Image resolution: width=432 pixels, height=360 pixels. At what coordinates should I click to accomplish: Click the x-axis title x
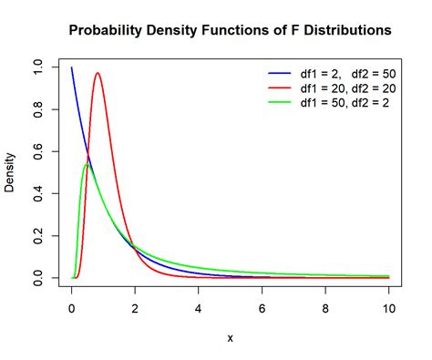click(230, 338)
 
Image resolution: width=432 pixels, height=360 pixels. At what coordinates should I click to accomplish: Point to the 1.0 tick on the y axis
click(36, 67)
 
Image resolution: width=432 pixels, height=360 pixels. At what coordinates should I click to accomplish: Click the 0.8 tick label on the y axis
click(36, 109)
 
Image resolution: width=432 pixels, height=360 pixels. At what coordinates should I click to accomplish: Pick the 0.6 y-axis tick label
click(36, 151)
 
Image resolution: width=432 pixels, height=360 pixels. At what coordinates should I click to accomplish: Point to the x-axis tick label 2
click(135, 308)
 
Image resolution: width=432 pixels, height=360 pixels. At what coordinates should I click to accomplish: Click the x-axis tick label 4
click(199, 308)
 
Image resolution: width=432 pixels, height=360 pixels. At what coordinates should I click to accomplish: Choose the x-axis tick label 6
click(262, 308)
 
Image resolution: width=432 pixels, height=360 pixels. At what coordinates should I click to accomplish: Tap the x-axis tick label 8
click(325, 308)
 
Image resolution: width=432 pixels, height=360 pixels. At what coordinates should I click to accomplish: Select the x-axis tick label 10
click(389, 308)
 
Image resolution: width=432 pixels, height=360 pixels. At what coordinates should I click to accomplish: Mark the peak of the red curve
click(98, 74)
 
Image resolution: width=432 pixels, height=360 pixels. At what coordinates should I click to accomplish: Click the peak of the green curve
click(87, 164)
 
